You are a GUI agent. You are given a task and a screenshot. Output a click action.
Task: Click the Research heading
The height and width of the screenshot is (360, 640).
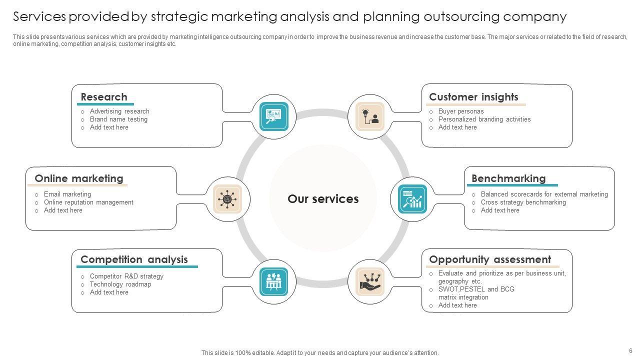(x=104, y=97)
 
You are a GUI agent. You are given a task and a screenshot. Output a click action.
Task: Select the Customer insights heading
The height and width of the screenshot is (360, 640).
(x=473, y=97)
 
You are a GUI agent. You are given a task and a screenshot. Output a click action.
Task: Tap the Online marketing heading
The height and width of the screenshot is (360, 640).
(x=79, y=178)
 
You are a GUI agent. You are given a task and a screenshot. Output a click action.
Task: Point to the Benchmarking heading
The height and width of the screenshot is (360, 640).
(x=508, y=178)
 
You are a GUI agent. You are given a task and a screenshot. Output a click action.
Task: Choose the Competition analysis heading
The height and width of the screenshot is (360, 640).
(x=134, y=259)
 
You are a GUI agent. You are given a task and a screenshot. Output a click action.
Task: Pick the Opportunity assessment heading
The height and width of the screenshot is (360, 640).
(x=490, y=259)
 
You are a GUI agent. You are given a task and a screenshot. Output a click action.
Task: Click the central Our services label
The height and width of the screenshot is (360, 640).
(x=323, y=199)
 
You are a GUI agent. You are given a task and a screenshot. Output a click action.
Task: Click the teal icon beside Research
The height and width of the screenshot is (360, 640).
(x=274, y=116)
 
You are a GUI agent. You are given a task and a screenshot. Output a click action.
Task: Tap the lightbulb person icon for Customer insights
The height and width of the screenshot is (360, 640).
(x=370, y=116)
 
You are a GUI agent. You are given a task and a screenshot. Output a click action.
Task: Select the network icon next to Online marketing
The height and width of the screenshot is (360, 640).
(x=227, y=199)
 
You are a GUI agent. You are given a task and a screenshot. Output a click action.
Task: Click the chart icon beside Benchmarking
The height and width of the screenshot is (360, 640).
(x=412, y=199)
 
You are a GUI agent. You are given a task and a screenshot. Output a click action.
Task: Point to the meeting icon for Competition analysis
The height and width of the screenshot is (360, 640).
(x=274, y=281)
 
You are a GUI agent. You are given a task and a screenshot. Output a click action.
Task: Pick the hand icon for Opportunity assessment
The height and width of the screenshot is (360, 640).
(x=370, y=281)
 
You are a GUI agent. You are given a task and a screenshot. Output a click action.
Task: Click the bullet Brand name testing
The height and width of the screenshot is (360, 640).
(x=118, y=119)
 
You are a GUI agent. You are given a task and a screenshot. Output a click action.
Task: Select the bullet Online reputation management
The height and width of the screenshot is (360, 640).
(x=88, y=202)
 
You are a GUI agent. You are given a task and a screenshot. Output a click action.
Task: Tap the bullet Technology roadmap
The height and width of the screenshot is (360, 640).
(x=120, y=284)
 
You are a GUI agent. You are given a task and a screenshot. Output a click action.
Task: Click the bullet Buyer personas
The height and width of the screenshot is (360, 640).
(x=461, y=111)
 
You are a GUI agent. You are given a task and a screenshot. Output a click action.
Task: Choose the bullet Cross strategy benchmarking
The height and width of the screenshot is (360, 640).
(x=523, y=202)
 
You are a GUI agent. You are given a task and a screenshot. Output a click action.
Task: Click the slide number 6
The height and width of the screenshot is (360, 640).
(x=630, y=350)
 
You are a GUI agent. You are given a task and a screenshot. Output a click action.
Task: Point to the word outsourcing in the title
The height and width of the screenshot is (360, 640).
(x=460, y=17)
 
